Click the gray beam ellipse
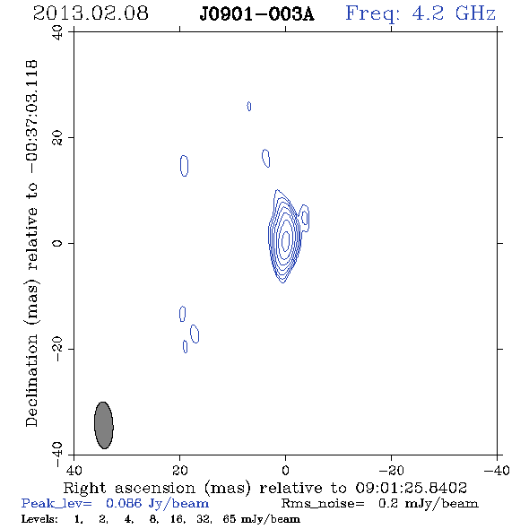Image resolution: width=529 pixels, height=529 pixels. coord(104,425)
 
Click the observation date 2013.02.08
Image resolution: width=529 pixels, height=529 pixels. coord(91,13)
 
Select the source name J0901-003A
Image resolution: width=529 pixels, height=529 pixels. coord(256,14)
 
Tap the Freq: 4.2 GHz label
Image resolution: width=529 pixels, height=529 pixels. coord(421,13)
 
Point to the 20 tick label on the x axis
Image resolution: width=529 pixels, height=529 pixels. coord(180,470)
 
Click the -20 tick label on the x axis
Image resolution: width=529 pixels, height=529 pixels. coord(391,470)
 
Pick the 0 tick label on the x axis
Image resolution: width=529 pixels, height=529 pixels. coord(285,470)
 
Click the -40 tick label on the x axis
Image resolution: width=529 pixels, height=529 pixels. coord(497,470)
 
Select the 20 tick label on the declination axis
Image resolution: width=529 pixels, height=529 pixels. coord(57,138)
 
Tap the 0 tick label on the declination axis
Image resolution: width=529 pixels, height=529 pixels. coord(57,243)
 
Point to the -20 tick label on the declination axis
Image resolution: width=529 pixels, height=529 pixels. coord(57,349)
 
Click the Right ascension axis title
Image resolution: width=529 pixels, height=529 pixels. coord(265,488)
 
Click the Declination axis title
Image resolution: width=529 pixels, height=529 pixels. coord(31,243)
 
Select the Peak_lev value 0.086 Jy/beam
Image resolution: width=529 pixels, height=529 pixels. coord(157,504)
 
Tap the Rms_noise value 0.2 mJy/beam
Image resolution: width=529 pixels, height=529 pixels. coord(428,504)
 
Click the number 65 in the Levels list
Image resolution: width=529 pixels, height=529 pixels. coord(229,518)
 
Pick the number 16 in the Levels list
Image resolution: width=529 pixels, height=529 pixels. coord(178,518)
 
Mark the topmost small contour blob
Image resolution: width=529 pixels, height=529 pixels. coord(249,107)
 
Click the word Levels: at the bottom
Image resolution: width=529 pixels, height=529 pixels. coord(39,518)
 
